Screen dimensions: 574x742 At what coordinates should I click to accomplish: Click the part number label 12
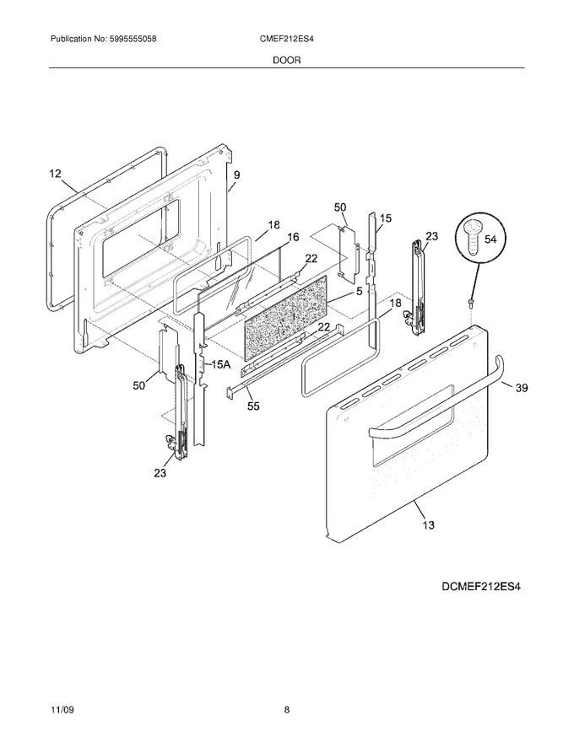pyautogui.click(x=56, y=174)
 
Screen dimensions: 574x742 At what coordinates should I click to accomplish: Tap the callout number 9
pyautogui.click(x=237, y=175)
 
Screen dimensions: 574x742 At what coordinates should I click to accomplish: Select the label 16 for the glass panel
pyautogui.click(x=293, y=237)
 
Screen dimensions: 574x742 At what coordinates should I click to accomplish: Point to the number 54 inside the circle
pyautogui.click(x=490, y=239)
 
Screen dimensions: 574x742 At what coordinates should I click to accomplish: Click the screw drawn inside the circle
pyautogui.click(x=472, y=239)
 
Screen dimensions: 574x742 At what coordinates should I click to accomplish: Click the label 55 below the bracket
pyautogui.click(x=253, y=406)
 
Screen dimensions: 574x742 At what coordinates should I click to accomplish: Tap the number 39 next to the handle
pyautogui.click(x=521, y=388)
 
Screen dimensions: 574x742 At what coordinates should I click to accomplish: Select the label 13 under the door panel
pyautogui.click(x=428, y=524)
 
